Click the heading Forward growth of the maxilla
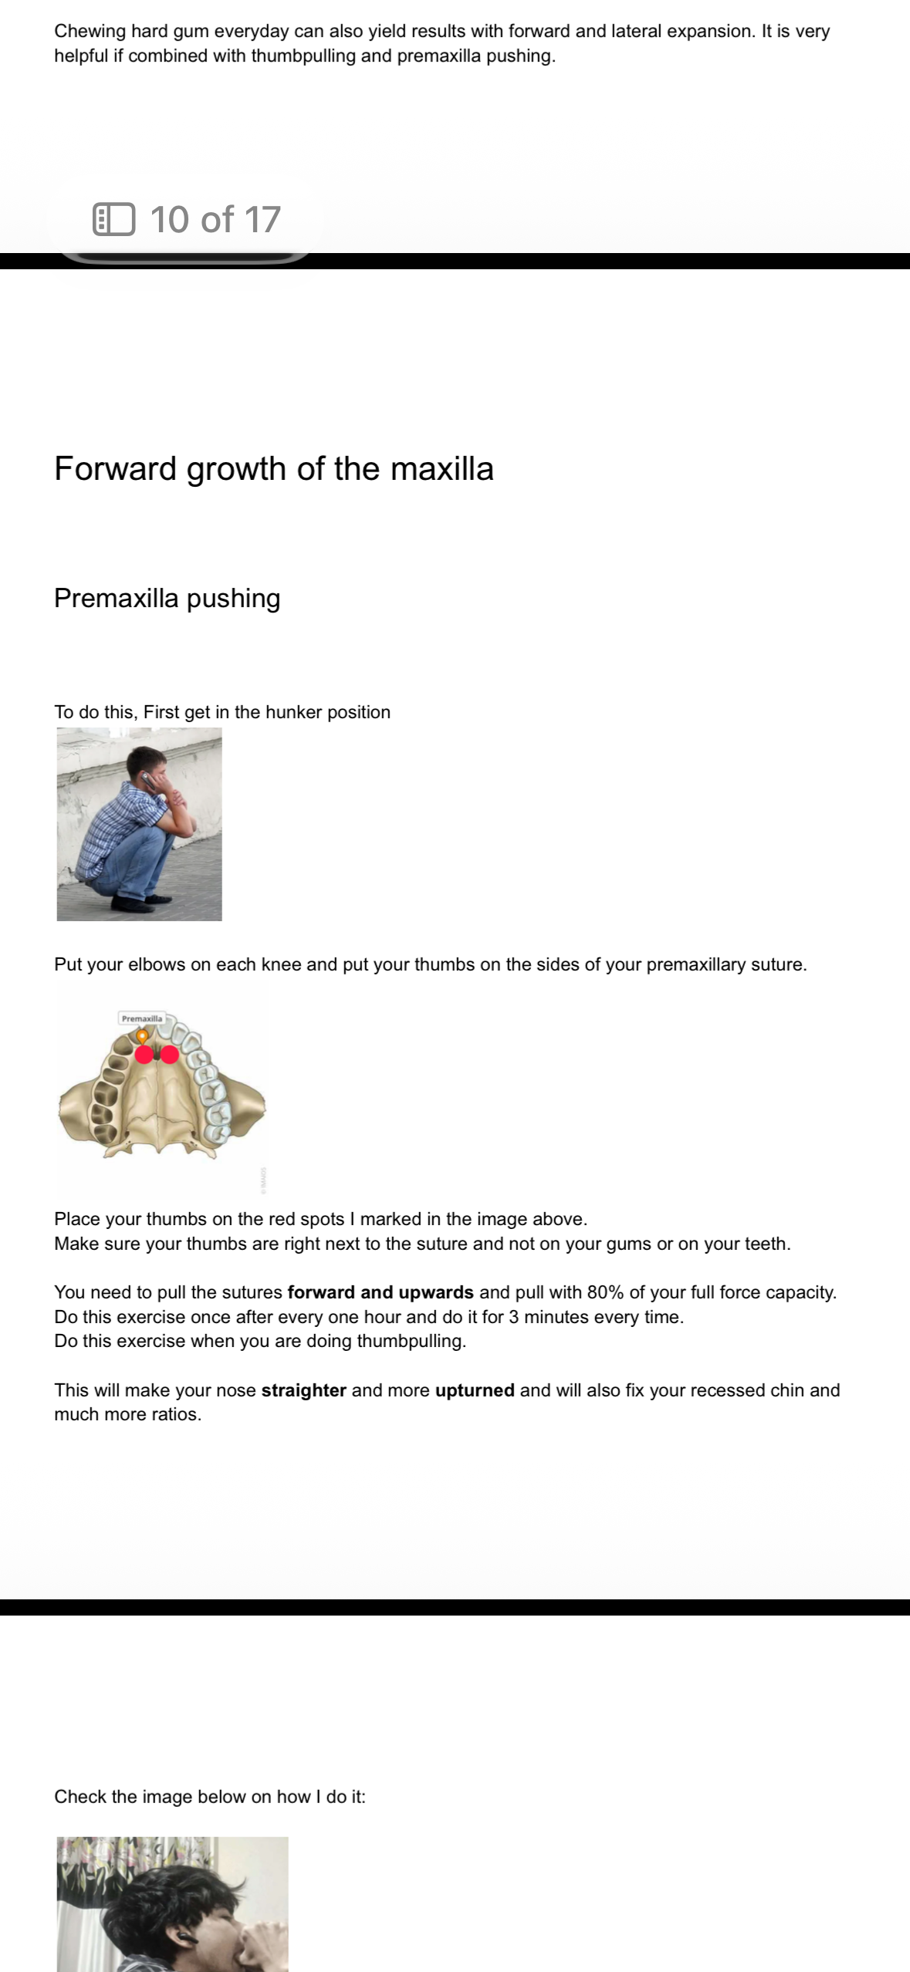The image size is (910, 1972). click(273, 469)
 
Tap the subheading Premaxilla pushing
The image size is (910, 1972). click(167, 599)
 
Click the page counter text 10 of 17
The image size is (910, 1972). click(215, 220)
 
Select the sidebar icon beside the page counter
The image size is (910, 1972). click(113, 219)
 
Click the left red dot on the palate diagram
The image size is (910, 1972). click(144, 1055)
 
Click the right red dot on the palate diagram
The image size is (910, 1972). click(170, 1055)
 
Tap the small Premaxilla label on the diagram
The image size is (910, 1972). click(142, 1018)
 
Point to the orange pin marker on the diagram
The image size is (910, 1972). click(142, 1035)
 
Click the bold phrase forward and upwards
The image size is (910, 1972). click(380, 1292)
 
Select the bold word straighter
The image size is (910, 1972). click(303, 1390)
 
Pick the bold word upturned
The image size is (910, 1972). click(475, 1390)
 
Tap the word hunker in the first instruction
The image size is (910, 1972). click(293, 712)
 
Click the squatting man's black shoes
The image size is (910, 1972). click(146, 901)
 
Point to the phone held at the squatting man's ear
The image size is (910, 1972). click(144, 778)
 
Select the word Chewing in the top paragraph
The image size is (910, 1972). click(90, 32)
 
